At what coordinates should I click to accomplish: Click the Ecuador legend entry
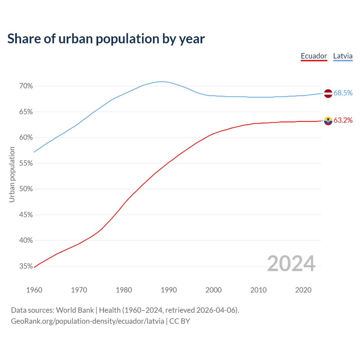click(x=314, y=56)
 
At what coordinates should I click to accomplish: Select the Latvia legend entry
click(x=343, y=56)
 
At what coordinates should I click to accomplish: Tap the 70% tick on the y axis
click(x=26, y=86)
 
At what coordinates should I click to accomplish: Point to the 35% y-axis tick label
click(x=26, y=266)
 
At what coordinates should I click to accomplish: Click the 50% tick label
click(x=26, y=189)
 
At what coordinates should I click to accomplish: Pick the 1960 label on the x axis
click(x=34, y=290)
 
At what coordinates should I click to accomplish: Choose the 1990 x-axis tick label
click(x=169, y=290)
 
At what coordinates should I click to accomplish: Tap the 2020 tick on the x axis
click(x=303, y=290)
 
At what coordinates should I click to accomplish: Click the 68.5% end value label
click(x=343, y=93)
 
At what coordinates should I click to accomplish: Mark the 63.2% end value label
click(x=343, y=120)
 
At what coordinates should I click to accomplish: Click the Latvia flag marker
click(x=328, y=93)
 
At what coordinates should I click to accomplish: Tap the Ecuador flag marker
click(x=328, y=121)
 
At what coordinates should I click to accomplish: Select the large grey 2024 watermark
click(x=291, y=264)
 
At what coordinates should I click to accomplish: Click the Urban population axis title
click(x=12, y=174)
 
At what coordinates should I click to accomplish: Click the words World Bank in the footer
click(x=75, y=310)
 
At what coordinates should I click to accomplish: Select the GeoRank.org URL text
click(x=87, y=321)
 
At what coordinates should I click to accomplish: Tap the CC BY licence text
click(x=179, y=321)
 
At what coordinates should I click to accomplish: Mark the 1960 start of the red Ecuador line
click(x=34, y=267)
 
